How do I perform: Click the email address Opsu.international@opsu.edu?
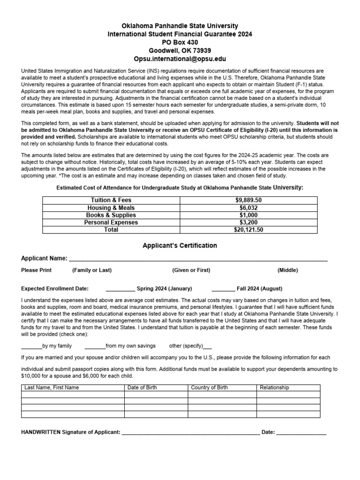point(180,59)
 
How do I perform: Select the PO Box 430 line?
point(180,42)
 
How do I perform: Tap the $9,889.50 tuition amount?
point(248,200)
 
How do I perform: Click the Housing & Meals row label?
point(111,208)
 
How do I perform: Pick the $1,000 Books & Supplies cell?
point(248,215)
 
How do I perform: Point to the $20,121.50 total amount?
point(248,230)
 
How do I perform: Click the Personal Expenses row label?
point(111,223)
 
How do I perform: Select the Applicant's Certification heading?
point(180,245)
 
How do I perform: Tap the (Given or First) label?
point(191,270)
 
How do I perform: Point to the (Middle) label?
point(287,270)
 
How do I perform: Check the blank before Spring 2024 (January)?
point(120,289)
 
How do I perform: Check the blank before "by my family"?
point(32,346)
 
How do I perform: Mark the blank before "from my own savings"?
point(95,346)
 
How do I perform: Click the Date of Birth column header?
point(142,388)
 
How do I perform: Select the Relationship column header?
point(274,388)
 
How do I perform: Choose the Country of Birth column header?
point(210,388)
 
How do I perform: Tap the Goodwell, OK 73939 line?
point(180,51)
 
